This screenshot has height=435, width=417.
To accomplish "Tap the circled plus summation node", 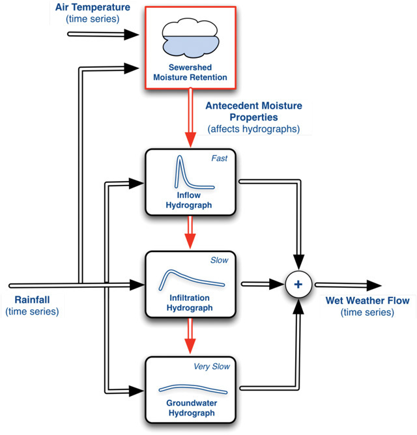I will point(299,284).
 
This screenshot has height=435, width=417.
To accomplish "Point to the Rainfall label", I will point(32,300).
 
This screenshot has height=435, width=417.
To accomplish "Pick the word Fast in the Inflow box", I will point(219,158).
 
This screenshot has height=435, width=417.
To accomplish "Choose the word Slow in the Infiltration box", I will point(219,260).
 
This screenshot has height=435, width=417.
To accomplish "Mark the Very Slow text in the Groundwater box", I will point(211,366).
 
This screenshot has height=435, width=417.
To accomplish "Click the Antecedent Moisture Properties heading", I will point(253,111).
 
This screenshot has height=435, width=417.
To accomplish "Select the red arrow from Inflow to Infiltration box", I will point(190,231).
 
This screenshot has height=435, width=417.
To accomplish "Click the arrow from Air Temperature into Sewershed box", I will point(104,32).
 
